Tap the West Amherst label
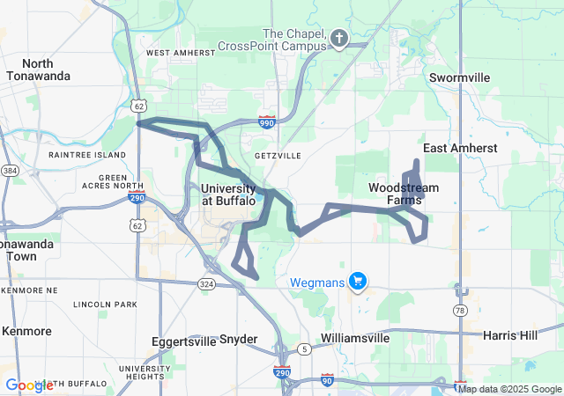(x=180, y=53)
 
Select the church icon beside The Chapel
(x=339, y=38)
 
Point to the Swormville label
(x=459, y=77)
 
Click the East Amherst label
(x=460, y=148)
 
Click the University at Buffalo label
(x=228, y=194)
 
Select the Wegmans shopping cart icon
(x=357, y=282)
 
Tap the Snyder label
(x=238, y=339)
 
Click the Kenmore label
(x=26, y=331)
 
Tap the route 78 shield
(x=459, y=311)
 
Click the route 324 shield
(x=206, y=283)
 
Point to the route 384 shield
(x=10, y=170)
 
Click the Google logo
(x=29, y=385)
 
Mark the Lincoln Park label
(x=105, y=304)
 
